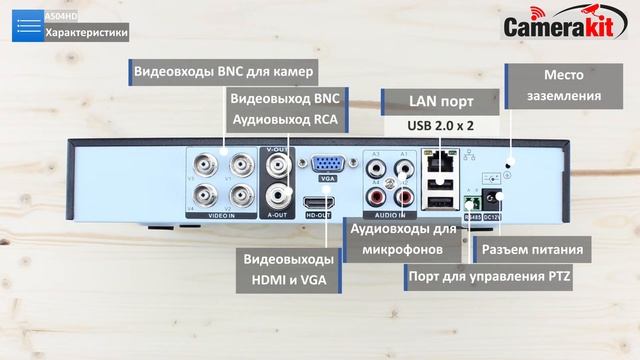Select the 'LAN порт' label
click(x=441, y=101)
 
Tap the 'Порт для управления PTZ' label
click(x=489, y=275)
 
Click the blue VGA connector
click(x=327, y=167)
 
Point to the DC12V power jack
click(x=491, y=195)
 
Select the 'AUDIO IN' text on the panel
click(x=389, y=214)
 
